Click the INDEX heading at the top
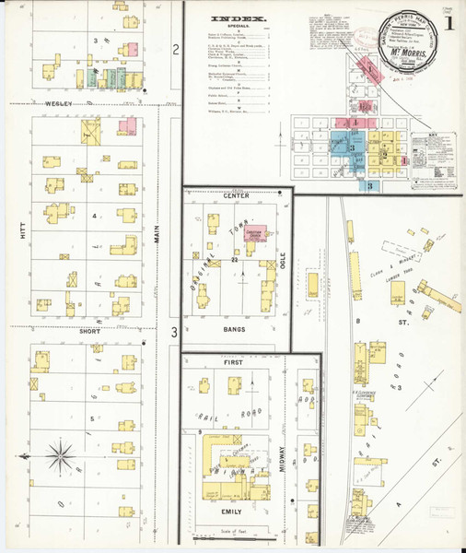click(239, 18)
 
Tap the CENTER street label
click(236, 196)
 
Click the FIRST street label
click(235, 363)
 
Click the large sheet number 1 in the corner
click(449, 22)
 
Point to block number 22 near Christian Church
click(236, 261)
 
